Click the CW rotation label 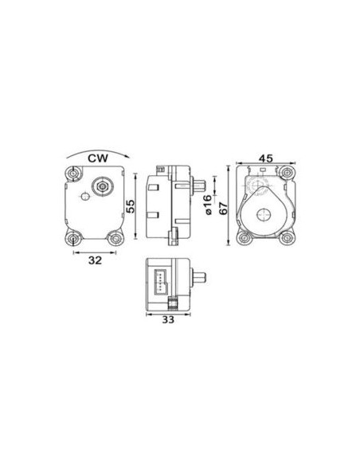(98, 158)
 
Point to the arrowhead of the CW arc (127, 156)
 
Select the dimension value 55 (130, 206)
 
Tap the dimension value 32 (95, 260)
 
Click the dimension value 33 (168, 320)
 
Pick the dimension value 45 (266, 158)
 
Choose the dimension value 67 (223, 208)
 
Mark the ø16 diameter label (208, 205)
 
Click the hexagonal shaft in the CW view (103, 186)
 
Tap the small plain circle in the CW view (85, 197)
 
